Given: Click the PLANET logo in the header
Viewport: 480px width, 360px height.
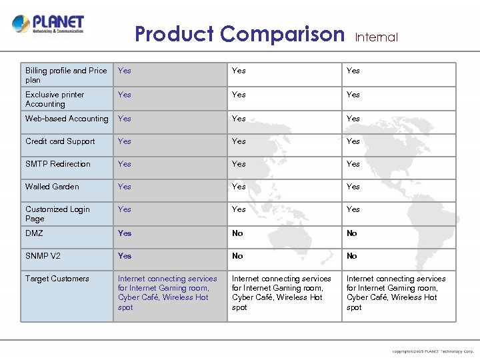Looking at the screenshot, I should pos(48,25).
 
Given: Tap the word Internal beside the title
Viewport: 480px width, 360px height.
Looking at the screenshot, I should pos(376,37).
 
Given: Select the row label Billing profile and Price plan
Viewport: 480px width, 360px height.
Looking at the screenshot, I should pos(66,75).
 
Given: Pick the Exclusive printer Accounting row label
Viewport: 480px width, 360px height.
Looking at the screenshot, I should pos(55,99).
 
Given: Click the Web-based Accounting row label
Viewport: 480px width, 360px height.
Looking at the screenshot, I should pos(67,119).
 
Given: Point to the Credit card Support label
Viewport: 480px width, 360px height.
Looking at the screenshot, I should pos(60,141).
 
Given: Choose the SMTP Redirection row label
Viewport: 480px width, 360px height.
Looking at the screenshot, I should pos(58,164).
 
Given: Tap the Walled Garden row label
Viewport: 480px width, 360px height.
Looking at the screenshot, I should pos(52,187).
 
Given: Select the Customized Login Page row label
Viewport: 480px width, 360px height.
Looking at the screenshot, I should pos(57,214).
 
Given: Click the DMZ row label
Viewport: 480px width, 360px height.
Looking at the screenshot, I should pos(34,233).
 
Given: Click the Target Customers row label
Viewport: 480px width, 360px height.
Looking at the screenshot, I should pos(57,279).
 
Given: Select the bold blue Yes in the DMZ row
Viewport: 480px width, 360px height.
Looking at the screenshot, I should pos(125,233).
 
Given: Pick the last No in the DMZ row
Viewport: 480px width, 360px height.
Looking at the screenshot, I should pos(351,233).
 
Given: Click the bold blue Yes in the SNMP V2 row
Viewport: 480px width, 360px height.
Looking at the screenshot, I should pos(125,256).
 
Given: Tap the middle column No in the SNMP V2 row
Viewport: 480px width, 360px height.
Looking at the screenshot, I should pos(237,256).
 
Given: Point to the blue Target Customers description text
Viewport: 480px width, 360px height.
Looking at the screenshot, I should pos(167,293).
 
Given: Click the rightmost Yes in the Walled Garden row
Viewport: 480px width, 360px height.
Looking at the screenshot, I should pos(353,187).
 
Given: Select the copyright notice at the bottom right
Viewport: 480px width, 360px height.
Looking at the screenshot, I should pos(433,351).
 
